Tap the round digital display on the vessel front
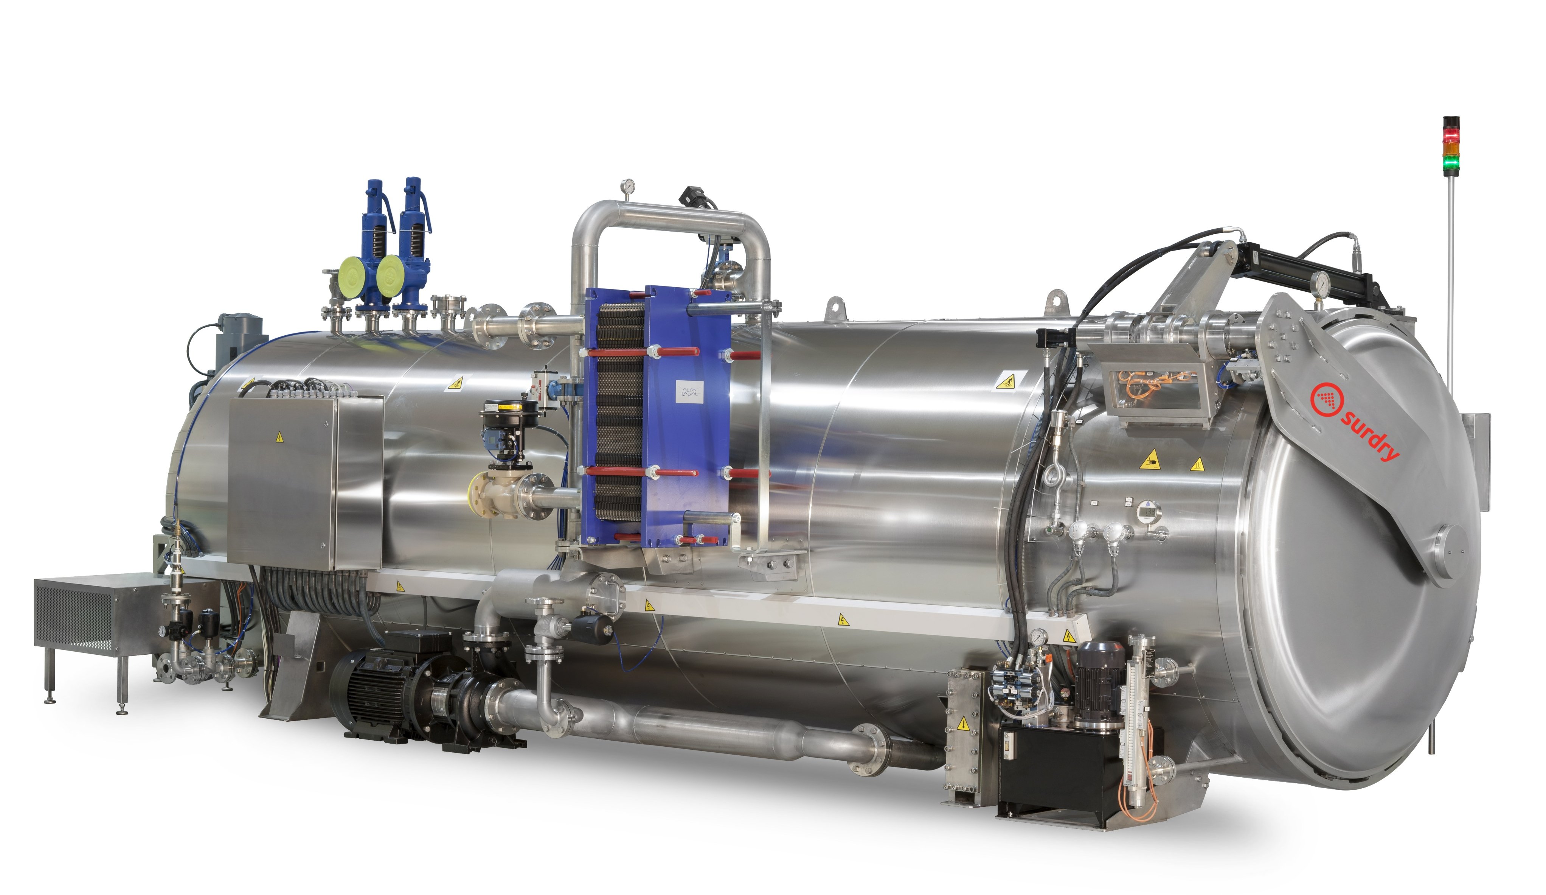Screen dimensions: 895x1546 pos(1148,511)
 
